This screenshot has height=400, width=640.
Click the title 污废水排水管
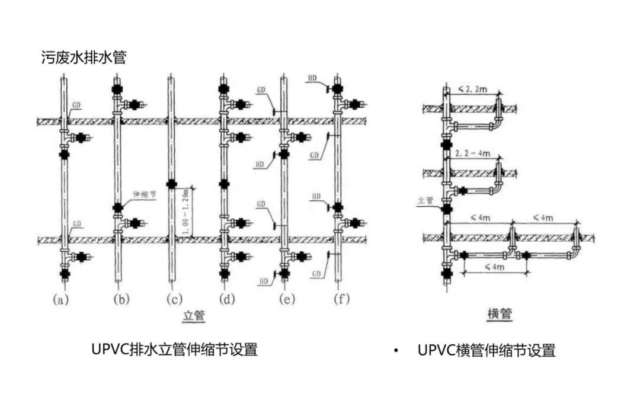[84, 57]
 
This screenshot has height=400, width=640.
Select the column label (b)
[122, 300]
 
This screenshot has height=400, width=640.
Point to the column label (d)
[227, 300]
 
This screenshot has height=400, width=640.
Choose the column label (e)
[287, 300]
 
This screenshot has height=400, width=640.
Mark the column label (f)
[340, 300]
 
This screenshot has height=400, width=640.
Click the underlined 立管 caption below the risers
[194, 317]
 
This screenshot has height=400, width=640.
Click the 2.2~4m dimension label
[472, 153]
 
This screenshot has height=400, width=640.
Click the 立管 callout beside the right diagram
[426, 201]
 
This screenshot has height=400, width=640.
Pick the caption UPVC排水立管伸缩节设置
[174, 350]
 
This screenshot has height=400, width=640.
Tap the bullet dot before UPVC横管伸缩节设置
[395, 351]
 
